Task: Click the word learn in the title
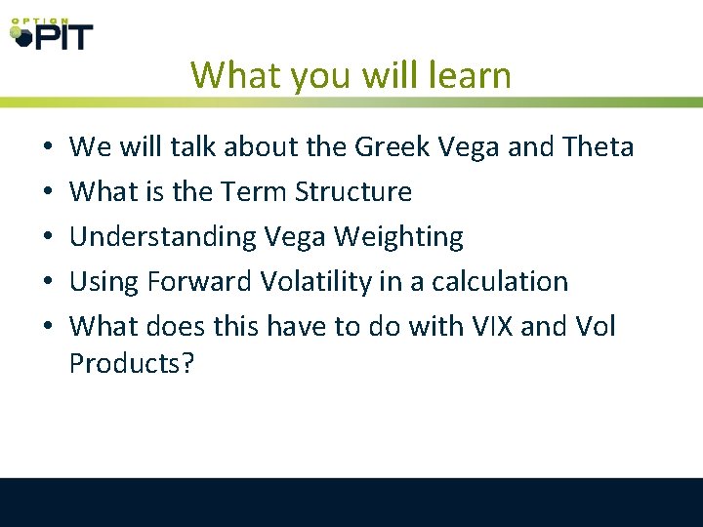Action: pos(468,75)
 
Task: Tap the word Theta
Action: pos(599,147)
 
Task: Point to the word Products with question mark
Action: pos(132,363)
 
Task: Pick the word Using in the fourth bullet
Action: pos(104,282)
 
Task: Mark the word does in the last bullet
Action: pos(164,326)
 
